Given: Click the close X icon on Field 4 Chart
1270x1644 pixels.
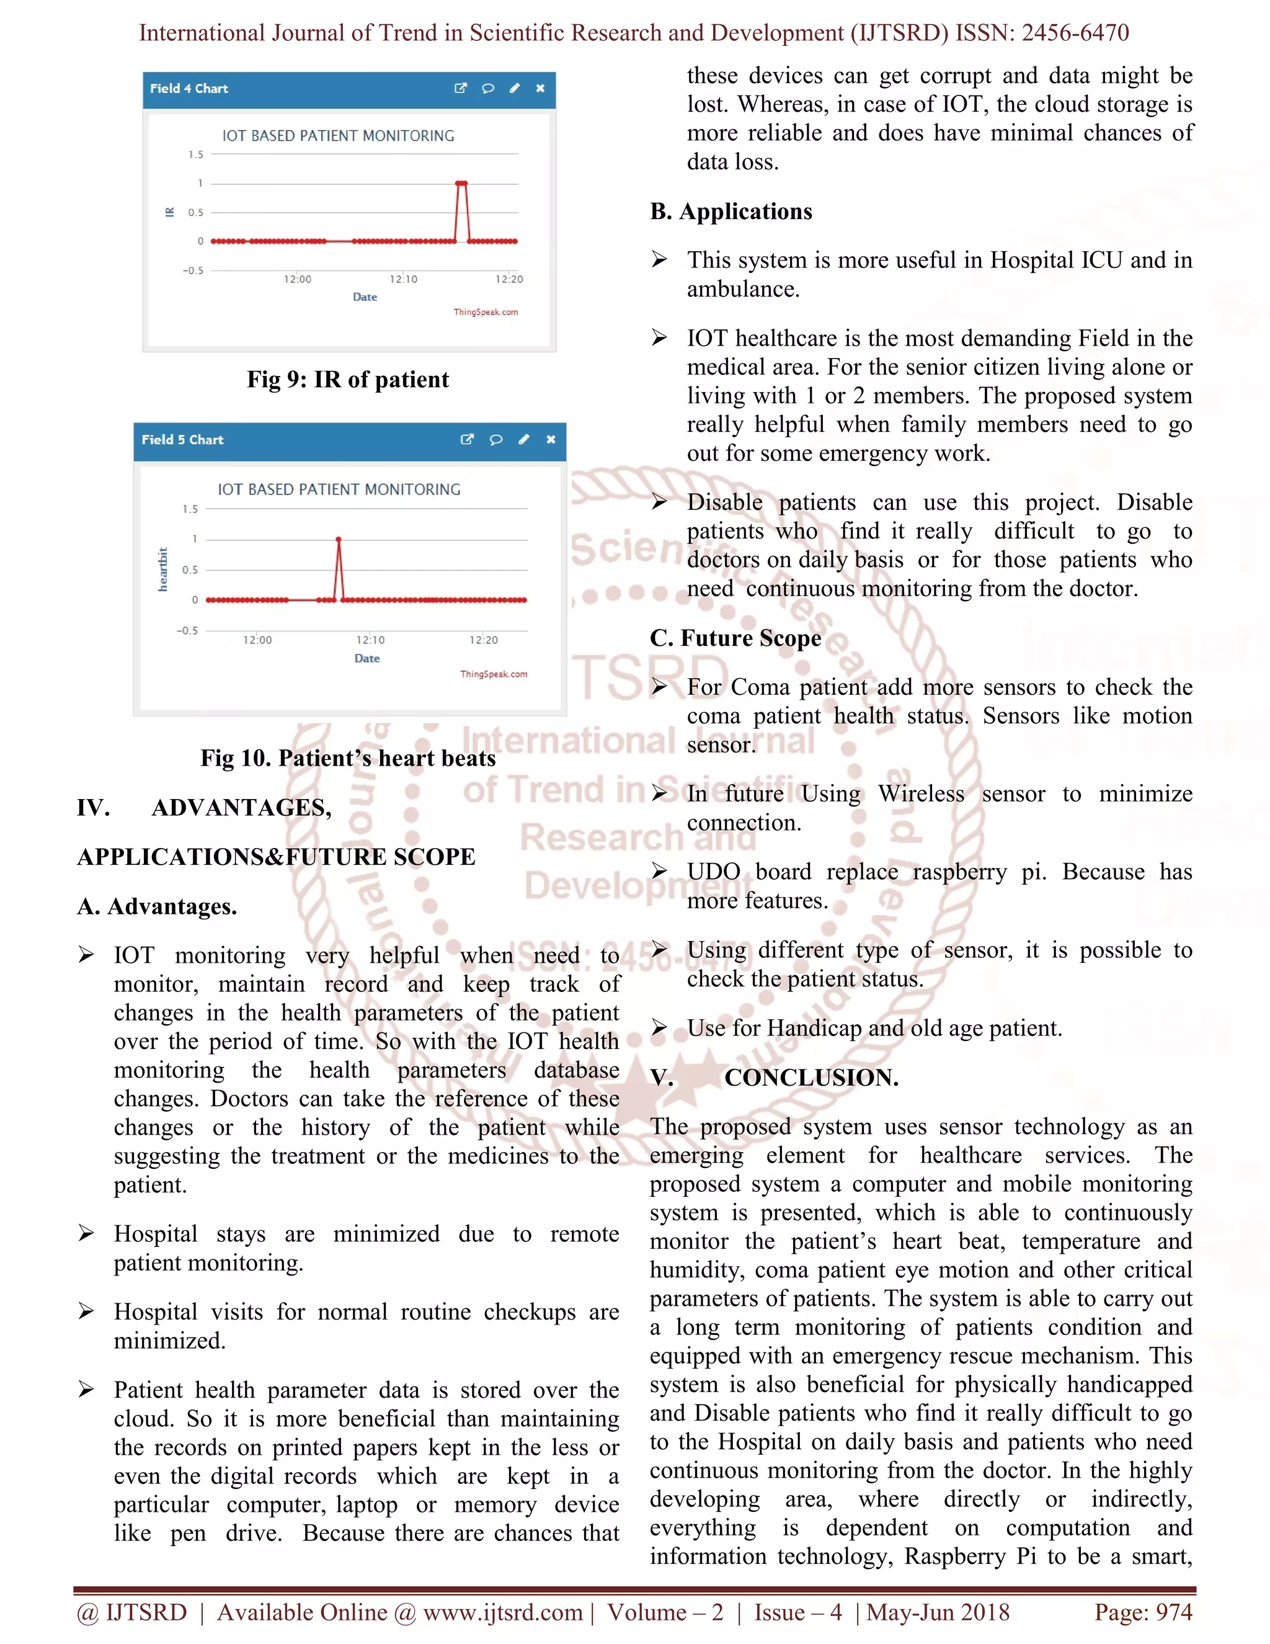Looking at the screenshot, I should pyautogui.click(x=540, y=88).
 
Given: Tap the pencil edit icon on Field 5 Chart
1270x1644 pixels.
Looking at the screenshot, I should pyautogui.click(x=523, y=440).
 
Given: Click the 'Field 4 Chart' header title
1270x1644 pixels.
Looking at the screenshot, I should pyautogui.click(x=189, y=88).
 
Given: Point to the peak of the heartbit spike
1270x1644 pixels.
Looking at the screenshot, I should pyautogui.click(x=339, y=539).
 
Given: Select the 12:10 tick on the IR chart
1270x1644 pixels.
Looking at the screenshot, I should pyautogui.click(x=403, y=279).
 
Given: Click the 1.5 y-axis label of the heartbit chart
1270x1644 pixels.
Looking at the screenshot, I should pyautogui.click(x=190, y=509).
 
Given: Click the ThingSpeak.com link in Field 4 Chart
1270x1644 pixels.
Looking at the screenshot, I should pyautogui.click(x=486, y=311).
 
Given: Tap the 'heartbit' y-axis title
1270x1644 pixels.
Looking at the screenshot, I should pyautogui.click(x=162, y=569).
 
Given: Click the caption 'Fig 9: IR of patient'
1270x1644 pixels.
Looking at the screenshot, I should pyautogui.click(x=348, y=380).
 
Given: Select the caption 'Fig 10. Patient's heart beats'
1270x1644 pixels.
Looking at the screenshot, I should pyautogui.click(x=348, y=758).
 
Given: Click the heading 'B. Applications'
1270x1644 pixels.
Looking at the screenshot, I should pyautogui.click(x=730, y=212).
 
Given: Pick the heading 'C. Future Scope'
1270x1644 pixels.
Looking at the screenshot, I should pyautogui.click(x=735, y=638).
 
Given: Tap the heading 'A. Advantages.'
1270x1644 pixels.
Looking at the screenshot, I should pyautogui.click(x=158, y=906).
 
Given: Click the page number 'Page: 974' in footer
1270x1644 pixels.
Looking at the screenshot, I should pyautogui.click(x=1143, y=1612).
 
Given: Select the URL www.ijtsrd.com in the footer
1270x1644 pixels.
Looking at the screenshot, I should pyautogui.click(x=502, y=1612).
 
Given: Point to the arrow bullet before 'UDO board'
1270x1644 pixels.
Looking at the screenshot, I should pyautogui.click(x=659, y=871).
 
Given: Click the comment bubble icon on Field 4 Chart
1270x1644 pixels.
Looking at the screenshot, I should pyautogui.click(x=488, y=88).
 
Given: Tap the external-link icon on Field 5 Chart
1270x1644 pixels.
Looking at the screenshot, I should pyautogui.click(x=467, y=440).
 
